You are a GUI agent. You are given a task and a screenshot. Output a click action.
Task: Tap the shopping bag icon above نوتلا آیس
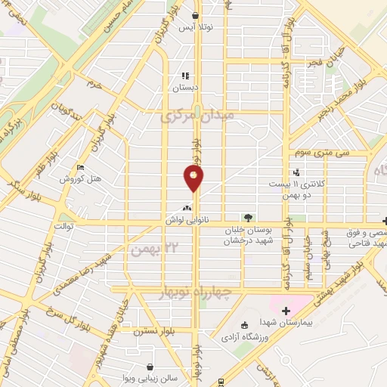196,14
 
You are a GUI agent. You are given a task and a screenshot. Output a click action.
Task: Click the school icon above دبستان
185,76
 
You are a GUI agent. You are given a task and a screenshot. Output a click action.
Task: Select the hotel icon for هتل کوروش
81,169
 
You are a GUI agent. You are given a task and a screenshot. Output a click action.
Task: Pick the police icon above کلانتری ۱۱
298,172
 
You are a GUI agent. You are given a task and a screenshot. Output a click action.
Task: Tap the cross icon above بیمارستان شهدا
285,311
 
